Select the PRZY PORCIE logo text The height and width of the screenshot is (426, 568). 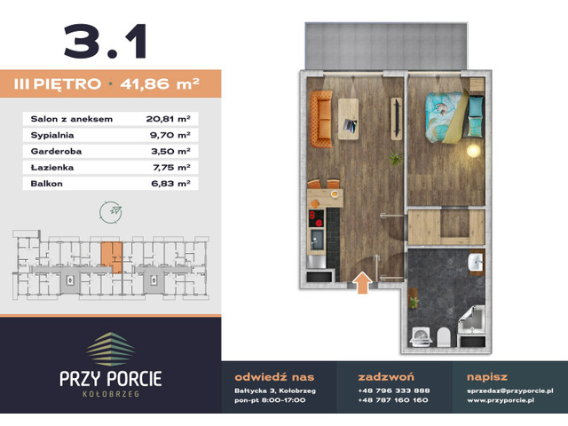[x=112, y=378]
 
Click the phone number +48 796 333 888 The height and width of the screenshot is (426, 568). [x=393, y=390]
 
